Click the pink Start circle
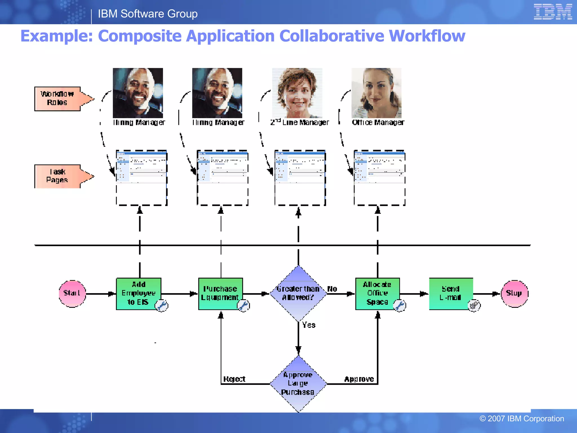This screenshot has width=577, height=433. (72, 294)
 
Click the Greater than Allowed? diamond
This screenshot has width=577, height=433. (298, 293)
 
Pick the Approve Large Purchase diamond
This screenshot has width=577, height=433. (298, 384)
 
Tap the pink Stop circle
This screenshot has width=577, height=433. (514, 294)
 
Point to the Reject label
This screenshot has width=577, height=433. (234, 379)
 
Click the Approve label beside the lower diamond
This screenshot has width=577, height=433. (359, 379)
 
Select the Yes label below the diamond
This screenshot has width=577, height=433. (309, 325)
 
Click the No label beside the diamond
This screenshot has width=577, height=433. (332, 289)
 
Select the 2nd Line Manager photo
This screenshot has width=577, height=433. (297, 93)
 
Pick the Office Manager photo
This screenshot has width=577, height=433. (376, 93)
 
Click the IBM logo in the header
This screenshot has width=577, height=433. (552, 12)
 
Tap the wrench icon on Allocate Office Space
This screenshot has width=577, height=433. (399, 306)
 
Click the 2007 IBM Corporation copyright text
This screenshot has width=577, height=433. (521, 419)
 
